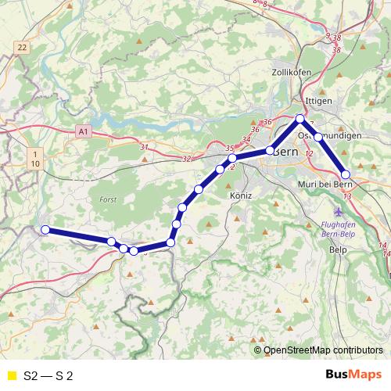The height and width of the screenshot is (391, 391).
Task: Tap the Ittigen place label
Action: point(321,101)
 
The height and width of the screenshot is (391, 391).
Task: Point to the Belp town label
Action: point(338,250)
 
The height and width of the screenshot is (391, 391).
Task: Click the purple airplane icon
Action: point(339,212)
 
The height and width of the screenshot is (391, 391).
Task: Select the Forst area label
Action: point(108,200)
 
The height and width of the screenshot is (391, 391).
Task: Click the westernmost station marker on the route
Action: point(45,229)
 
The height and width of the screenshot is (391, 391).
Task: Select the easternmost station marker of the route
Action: point(346,174)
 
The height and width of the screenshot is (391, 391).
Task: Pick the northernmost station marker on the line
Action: point(300,119)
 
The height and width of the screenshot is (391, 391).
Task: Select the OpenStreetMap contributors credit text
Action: point(323,351)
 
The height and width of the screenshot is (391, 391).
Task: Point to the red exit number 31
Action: point(143,147)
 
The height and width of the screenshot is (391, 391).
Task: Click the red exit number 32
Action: point(186,159)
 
